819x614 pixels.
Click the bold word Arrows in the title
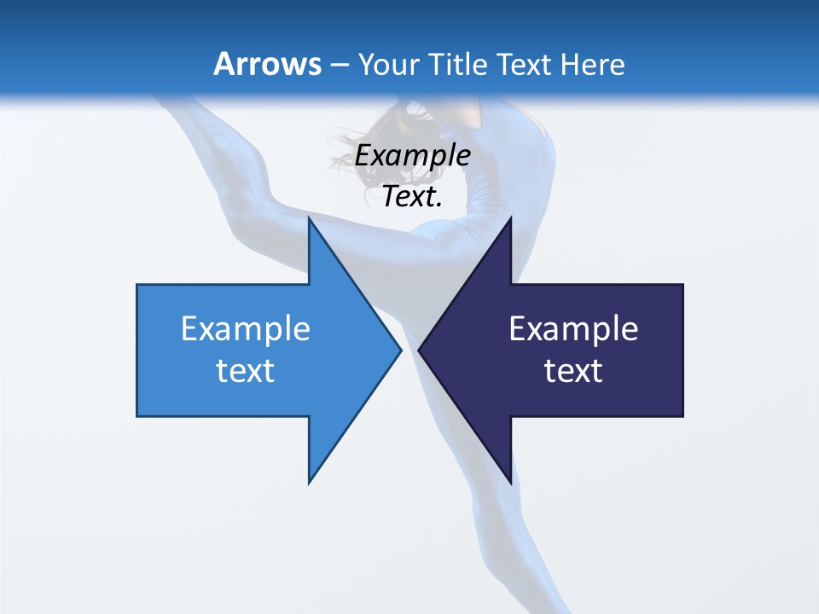coord(267,64)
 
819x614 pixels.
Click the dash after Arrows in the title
coord(340,65)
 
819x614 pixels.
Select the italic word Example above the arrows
coord(412,156)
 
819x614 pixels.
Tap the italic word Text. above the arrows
coord(412,197)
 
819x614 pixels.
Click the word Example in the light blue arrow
coord(246,328)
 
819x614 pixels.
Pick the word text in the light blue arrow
coord(246,371)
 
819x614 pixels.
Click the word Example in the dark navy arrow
coord(573,328)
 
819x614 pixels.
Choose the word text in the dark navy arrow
coord(573,371)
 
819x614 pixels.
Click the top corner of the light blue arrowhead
coord(309,218)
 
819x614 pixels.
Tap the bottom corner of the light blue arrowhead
coord(309,482)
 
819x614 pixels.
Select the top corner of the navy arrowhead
coord(510,218)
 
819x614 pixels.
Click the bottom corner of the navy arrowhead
coord(510,482)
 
